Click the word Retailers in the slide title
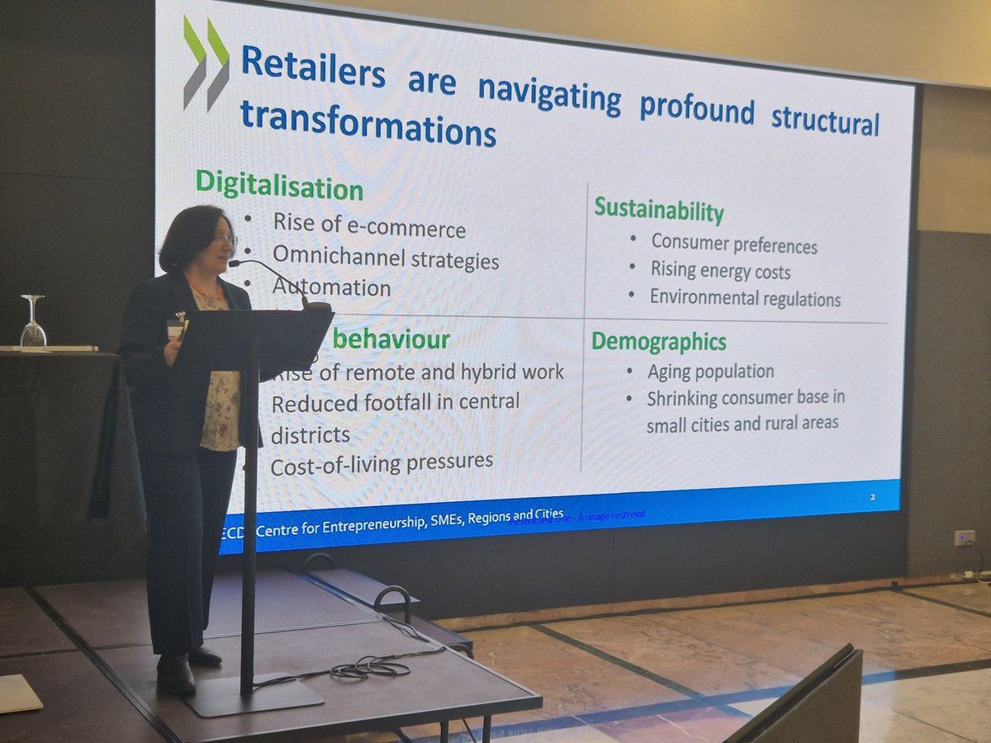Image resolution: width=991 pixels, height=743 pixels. click(x=313, y=67)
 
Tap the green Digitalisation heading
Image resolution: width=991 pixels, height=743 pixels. click(x=279, y=185)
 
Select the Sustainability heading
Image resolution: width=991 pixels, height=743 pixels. click(x=658, y=210)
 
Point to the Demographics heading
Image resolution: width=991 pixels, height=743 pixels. click(x=658, y=341)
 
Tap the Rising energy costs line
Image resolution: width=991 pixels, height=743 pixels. click(x=720, y=271)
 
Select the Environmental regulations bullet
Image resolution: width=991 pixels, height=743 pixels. click(x=745, y=298)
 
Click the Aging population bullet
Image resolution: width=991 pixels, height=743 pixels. click(x=710, y=371)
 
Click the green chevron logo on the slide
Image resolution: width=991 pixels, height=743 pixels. click(x=206, y=62)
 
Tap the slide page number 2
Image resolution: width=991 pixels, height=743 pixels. click(x=872, y=497)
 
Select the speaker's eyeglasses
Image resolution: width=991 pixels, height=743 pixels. click(x=225, y=239)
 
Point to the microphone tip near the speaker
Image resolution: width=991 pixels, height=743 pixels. click(x=234, y=263)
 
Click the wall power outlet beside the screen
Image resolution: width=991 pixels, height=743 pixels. click(x=964, y=537)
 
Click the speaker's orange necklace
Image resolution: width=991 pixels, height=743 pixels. click(x=205, y=291)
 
